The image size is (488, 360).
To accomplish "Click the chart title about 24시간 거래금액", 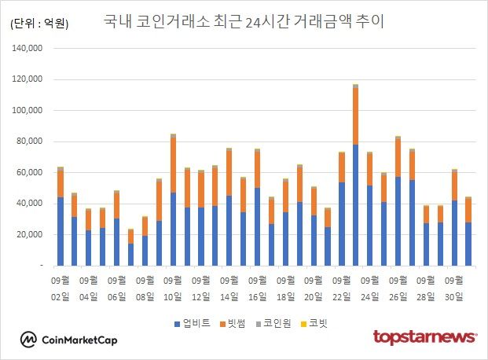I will pos(244,21).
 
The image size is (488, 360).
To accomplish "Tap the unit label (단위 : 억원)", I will pos(40,24).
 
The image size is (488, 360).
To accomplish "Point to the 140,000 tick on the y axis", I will pos(28,49).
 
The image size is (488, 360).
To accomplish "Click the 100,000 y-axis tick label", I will pos(28,79).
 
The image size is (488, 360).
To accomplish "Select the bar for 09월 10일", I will pos(173,200).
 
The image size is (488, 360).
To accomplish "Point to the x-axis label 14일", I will pos(229,296).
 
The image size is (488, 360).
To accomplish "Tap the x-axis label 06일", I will pos(116,296).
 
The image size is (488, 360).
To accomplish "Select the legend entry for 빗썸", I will pos(233,323).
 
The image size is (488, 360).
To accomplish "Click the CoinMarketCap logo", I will pos(71,340).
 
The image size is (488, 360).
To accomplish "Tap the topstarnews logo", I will pos(424,337).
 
